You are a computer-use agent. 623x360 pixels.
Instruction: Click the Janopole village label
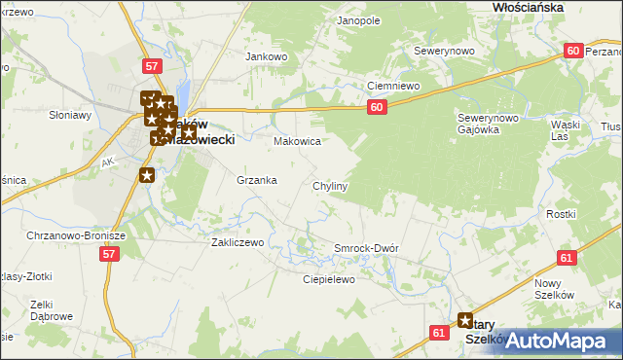tap(358, 19)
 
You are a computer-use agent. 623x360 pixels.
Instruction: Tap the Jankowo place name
tap(268, 56)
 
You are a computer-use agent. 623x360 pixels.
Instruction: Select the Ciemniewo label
tap(392, 86)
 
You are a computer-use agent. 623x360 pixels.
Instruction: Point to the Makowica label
tap(297, 141)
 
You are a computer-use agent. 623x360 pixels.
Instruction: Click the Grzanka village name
tap(257, 180)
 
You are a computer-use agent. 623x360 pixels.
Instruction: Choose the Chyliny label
tap(331, 185)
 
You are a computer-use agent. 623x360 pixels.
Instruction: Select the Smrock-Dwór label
tap(366, 248)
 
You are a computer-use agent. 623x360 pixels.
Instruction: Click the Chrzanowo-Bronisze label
tap(63, 235)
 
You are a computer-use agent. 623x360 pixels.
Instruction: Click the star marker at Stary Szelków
tap(465, 319)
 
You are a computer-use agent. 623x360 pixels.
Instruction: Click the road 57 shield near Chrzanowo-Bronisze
tap(109, 253)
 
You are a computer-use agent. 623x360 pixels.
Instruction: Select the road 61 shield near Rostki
tap(568, 257)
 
